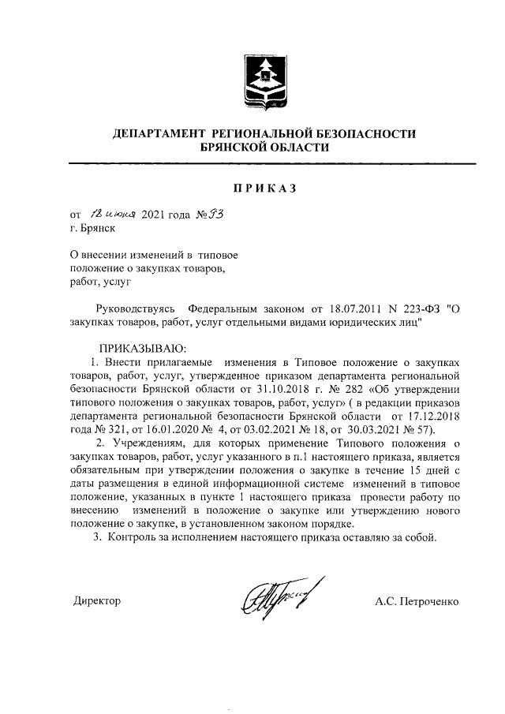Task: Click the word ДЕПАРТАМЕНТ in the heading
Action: (156, 134)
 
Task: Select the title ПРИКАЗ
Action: (264, 189)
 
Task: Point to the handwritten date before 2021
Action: (115, 215)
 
